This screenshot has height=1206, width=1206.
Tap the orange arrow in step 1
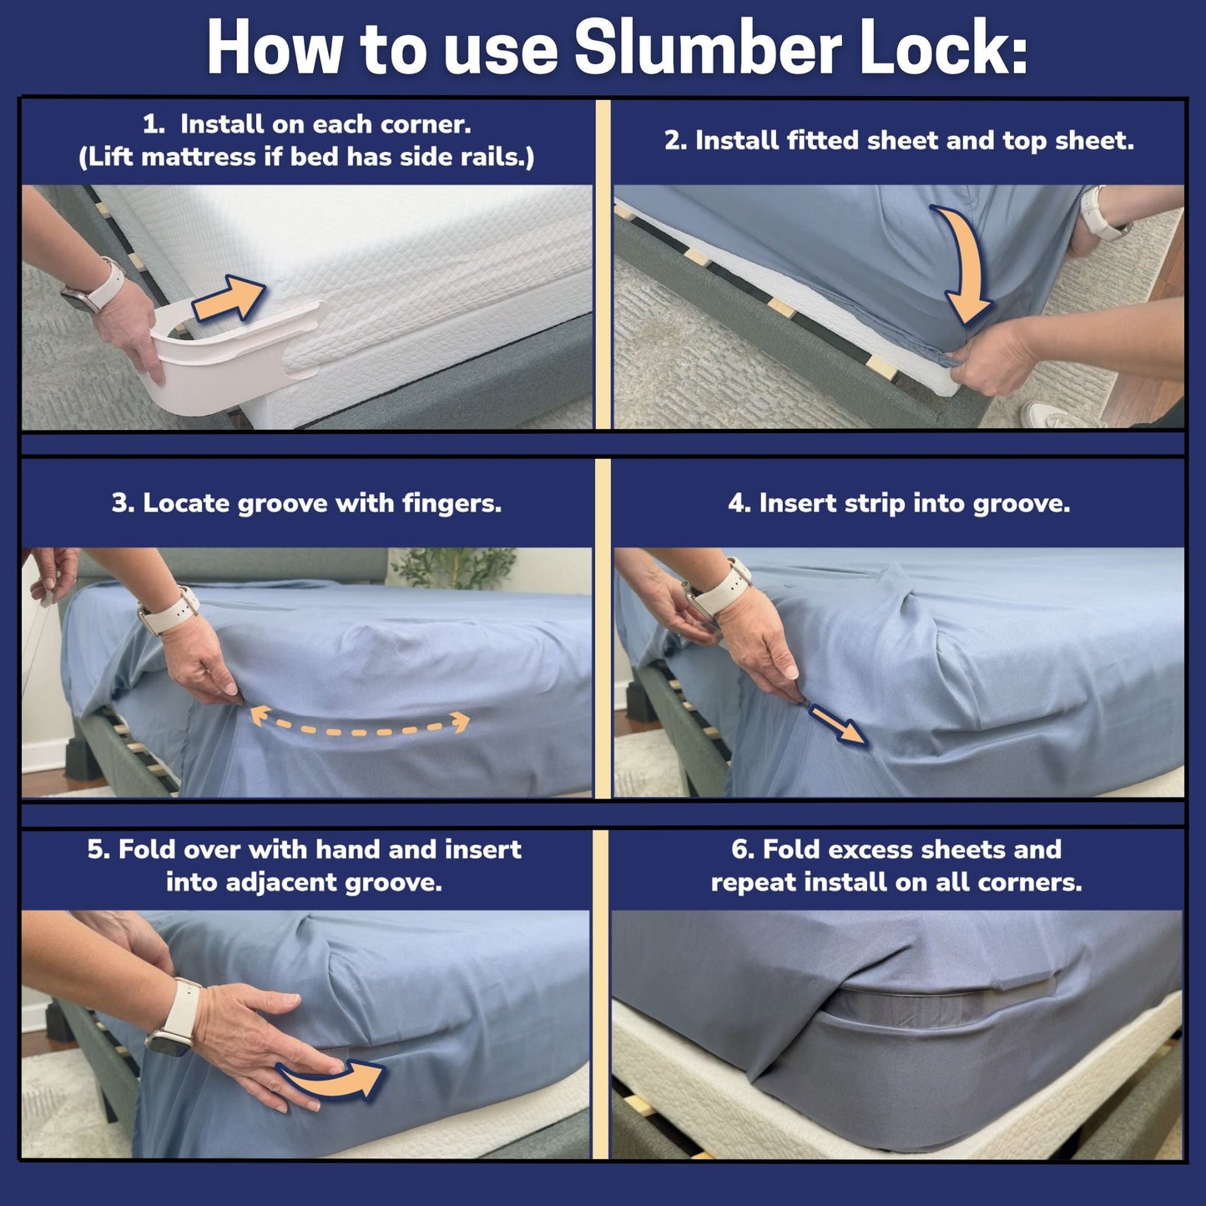tap(229, 298)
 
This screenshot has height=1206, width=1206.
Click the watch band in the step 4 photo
tap(719, 588)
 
